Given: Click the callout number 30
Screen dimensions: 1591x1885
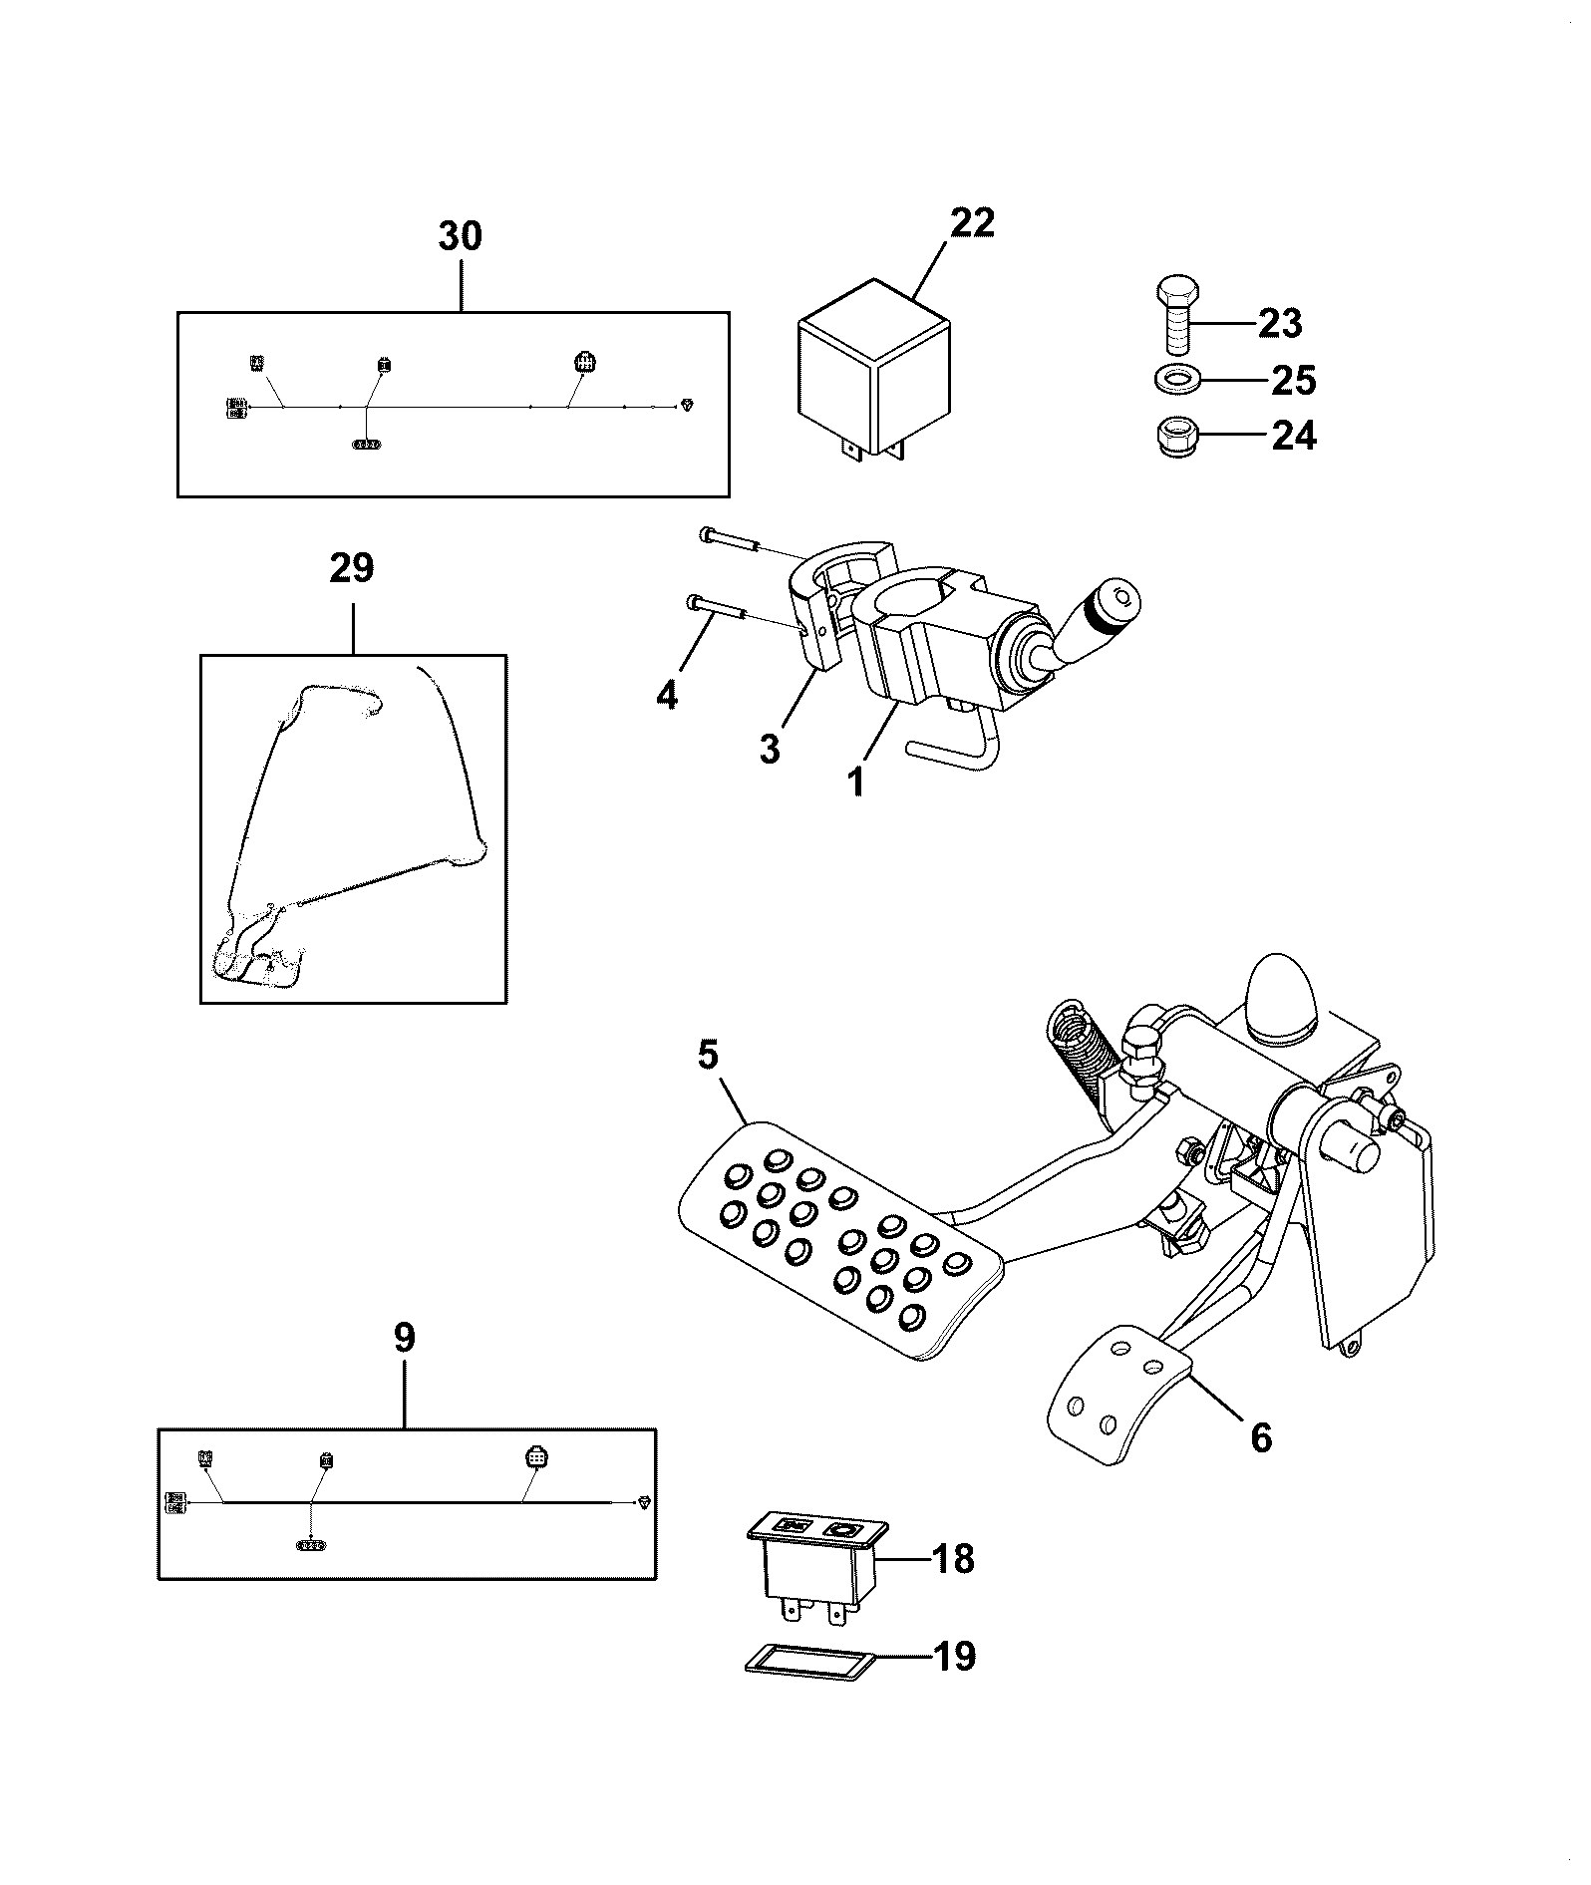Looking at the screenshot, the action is pos(461,236).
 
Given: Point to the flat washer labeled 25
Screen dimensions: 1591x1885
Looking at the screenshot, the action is pos(1176,380).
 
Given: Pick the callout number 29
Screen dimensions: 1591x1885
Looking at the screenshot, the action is pos(352,568).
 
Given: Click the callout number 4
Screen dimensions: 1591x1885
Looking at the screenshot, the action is pos(667,694).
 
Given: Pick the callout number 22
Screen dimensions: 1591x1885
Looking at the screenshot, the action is pos(972,222).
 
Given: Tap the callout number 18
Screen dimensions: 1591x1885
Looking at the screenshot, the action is pos(952,1559).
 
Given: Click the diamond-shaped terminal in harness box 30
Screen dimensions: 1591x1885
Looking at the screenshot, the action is pos(687,405).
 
